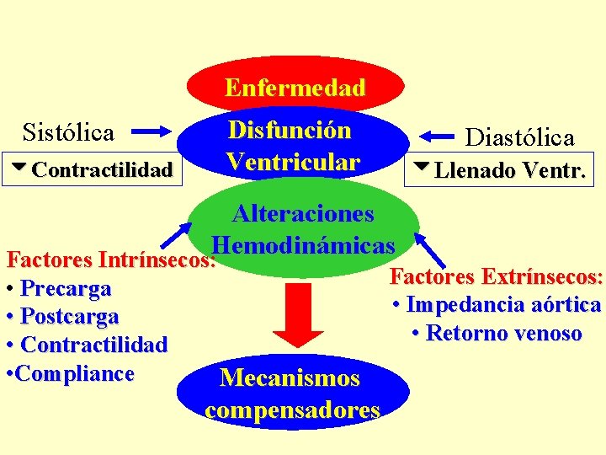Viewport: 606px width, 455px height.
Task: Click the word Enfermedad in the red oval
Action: click(295, 88)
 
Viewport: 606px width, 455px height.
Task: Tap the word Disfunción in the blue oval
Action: click(290, 131)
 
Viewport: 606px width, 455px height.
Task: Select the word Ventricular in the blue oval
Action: click(293, 161)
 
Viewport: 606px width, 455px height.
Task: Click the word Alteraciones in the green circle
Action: click(303, 213)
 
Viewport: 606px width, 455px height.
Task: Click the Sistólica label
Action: click(68, 132)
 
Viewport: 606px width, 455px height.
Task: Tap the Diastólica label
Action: click(520, 137)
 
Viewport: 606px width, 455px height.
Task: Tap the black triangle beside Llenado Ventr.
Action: click(420, 169)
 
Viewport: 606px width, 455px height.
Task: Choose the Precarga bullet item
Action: click(59, 289)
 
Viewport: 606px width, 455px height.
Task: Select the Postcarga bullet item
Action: click(62, 317)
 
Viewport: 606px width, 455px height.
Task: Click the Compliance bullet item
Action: click(71, 373)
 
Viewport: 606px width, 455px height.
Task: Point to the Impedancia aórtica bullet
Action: click(497, 305)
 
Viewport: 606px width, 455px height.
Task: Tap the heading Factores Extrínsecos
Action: click(497, 276)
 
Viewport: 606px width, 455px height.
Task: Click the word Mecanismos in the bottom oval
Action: click(290, 378)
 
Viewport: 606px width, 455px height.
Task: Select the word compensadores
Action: click(292, 410)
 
